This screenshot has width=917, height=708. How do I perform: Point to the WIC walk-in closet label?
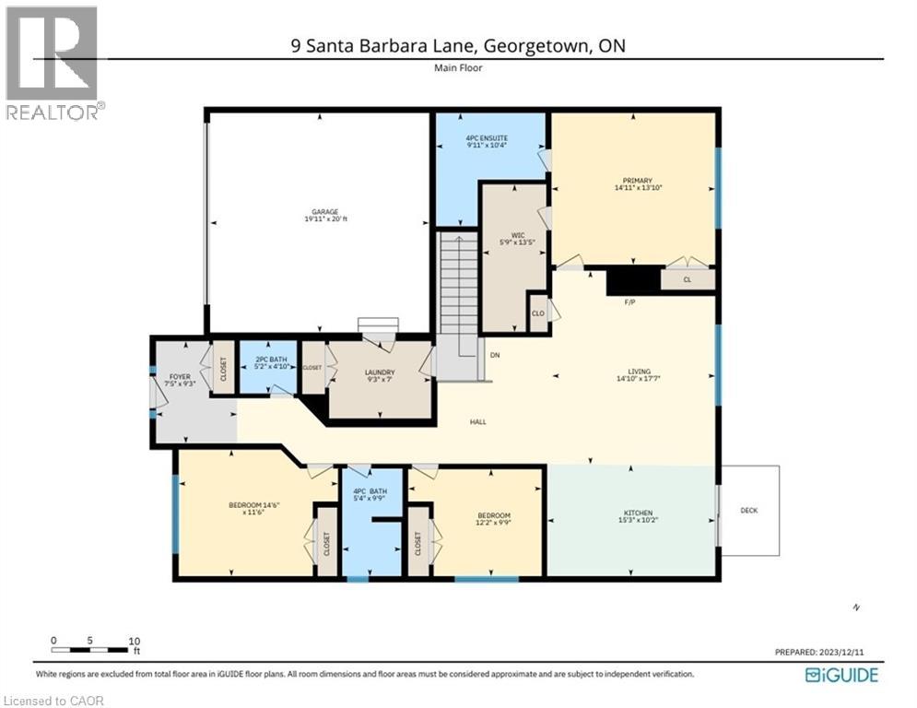504,238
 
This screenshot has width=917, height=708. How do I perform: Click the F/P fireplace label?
631,301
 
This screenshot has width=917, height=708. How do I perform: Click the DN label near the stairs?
495,354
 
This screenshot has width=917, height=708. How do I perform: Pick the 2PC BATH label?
266,362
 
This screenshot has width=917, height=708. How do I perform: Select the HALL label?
477,421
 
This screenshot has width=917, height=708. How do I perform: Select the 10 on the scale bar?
134,640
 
